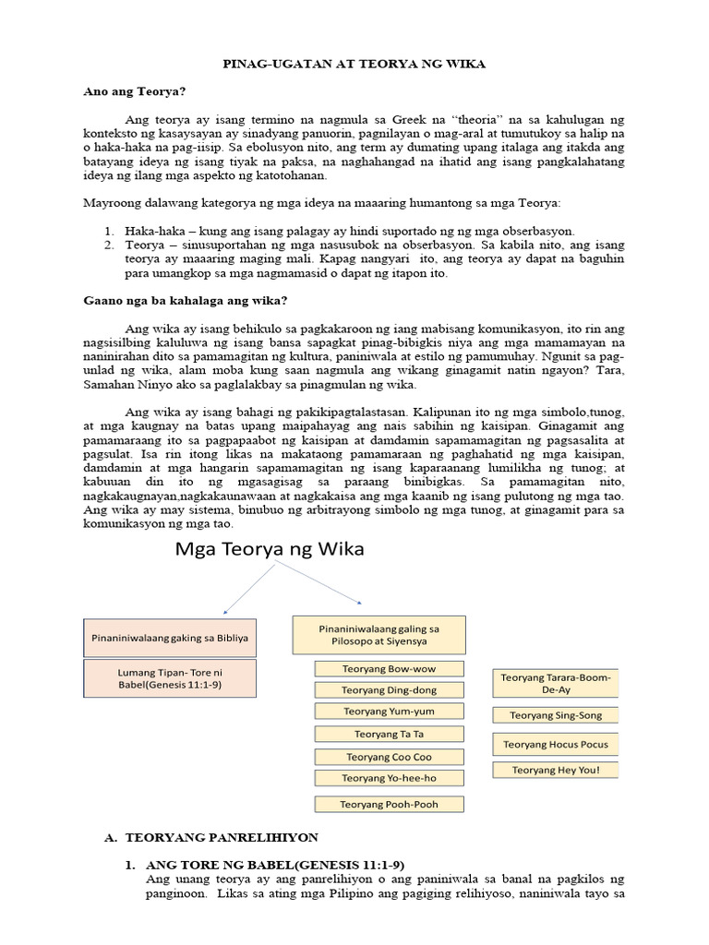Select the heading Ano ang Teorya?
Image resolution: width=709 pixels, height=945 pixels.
pyautogui.click(x=134, y=91)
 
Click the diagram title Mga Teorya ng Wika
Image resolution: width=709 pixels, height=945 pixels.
pyautogui.click(x=270, y=550)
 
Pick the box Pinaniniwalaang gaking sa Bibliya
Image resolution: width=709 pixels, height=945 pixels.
pyautogui.click(x=171, y=637)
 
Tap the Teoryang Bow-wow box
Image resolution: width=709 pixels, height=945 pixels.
pyautogui.click(x=390, y=668)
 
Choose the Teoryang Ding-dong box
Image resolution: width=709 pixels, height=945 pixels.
pyautogui.click(x=390, y=689)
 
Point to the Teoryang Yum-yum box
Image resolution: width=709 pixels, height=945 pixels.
pyautogui.click(x=390, y=712)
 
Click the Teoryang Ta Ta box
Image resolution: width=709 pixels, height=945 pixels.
pyautogui.click(x=390, y=735)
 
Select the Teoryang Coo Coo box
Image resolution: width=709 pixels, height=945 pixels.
pyautogui.click(x=390, y=757)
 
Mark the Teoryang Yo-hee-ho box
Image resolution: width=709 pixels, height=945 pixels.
pyautogui.click(x=390, y=778)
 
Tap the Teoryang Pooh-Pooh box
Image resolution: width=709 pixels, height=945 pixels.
pyautogui.click(x=390, y=804)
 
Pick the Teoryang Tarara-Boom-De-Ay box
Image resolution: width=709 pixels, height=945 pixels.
pyautogui.click(x=555, y=684)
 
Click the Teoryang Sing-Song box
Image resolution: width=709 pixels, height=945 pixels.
pyautogui.click(x=555, y=714)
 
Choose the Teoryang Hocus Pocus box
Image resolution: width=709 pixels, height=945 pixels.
pyautogui.click(x=555, y=744)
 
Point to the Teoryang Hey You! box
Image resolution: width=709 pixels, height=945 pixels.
pyautogui.click(x=555, y=770)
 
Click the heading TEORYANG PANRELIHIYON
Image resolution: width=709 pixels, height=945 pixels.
pyautogui.click(x=222, y=837)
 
